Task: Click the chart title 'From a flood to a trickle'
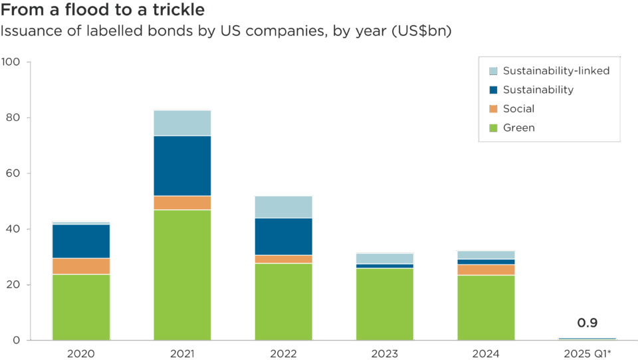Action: pos(102,11)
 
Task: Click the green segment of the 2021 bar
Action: pos(182,274)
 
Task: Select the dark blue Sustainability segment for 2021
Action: pos(182,165)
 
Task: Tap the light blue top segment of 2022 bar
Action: pos(284,207)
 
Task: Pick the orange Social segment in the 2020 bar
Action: pos(81,266)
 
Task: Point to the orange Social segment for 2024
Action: pos(486,269)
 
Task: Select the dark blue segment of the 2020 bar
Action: pos(81,241)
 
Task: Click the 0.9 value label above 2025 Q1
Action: pos(587,323)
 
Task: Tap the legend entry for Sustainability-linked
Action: pos(556,70)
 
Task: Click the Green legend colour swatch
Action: pos(493,128)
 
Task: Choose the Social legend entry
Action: pos(518,108)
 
